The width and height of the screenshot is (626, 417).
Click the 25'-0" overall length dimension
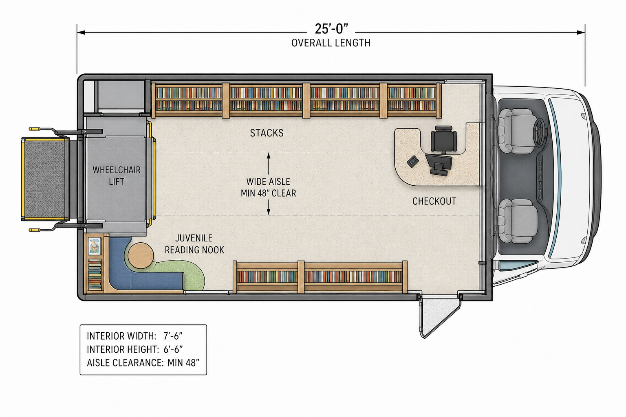331,29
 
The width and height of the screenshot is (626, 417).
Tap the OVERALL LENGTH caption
331,43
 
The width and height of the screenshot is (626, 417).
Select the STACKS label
267,133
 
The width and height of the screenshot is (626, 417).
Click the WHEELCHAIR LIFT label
117,176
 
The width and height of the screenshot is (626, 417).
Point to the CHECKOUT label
434,201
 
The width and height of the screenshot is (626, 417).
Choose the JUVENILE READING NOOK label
194,244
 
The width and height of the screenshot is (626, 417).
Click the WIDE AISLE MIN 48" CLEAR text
268,187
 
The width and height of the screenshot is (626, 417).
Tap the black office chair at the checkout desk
444,140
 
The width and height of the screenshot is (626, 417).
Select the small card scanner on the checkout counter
413,162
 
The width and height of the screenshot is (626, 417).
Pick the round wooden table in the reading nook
141,256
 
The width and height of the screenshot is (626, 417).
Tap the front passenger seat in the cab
518,221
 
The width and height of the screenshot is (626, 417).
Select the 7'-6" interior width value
173,336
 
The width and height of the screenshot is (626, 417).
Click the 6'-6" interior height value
173,349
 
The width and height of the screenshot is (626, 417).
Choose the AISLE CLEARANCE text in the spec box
125,362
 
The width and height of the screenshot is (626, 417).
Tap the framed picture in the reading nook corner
95,246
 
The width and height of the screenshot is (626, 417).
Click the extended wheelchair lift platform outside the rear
45,179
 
